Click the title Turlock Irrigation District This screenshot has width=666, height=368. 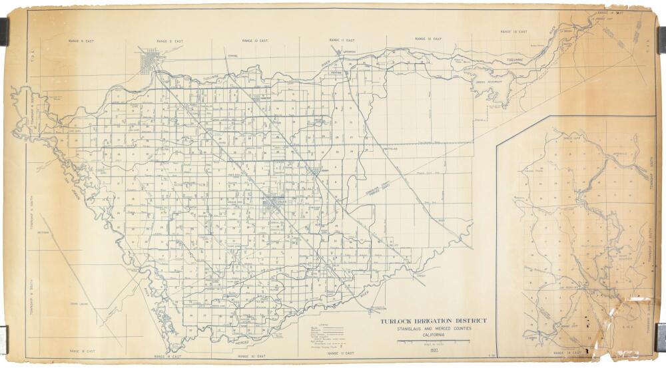click(x=433, y=321)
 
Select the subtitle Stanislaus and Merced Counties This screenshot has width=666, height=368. click(x=433, y=329)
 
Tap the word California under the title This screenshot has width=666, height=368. click(x=433, y=335)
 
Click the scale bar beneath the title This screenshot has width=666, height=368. click(x=433, y=341)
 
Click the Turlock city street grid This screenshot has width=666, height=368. click(x=273, y=204)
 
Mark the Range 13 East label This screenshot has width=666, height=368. click(x=513, y=32)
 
